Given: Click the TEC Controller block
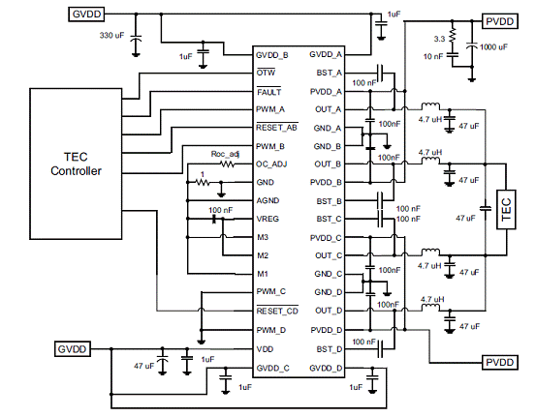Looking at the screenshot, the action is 76,164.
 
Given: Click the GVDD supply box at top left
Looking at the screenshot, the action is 86,15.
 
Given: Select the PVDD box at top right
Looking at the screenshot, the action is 500,21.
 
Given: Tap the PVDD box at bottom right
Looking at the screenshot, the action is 500,362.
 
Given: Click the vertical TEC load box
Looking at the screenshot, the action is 506,210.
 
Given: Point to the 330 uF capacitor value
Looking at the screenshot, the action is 111,35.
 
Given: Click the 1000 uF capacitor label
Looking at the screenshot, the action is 494,47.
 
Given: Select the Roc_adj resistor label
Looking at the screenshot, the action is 225,154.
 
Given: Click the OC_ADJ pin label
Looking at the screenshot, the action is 271,164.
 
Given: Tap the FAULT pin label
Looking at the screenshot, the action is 269,92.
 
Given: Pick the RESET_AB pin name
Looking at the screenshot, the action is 277,128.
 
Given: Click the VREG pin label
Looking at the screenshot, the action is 268,219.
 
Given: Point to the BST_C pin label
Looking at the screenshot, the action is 329,219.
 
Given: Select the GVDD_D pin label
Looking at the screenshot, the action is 326,369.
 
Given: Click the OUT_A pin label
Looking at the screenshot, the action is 329,109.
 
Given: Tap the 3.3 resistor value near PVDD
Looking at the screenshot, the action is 440,39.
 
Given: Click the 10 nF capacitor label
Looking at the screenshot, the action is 433,56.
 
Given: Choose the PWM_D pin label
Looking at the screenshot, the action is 271,330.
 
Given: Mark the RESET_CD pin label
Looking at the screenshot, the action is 277,311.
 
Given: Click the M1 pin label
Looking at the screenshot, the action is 263,274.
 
